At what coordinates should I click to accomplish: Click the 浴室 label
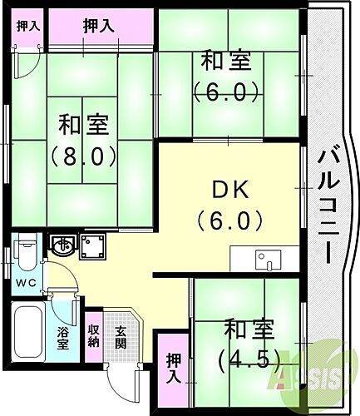(62, 339)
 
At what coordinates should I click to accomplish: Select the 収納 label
(94, 337)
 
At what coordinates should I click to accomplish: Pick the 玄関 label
(121, 337)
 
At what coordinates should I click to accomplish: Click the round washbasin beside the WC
(61, 245)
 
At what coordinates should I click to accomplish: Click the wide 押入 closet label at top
(101, 27)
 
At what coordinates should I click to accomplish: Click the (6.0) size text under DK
(230, 221)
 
